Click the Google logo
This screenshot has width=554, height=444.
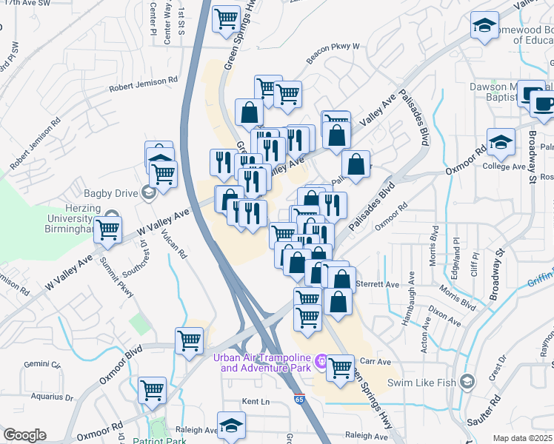(24, 435)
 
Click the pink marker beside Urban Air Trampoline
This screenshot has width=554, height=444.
(321, 360)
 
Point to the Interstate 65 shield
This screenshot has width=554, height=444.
(298, 400)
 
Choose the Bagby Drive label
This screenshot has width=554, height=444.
(107, 193)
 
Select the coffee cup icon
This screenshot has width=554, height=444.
(543, 104)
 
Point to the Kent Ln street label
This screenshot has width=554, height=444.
(253, 402)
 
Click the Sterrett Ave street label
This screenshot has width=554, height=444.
(378, 283)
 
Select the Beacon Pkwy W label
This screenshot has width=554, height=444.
(333, 46)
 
